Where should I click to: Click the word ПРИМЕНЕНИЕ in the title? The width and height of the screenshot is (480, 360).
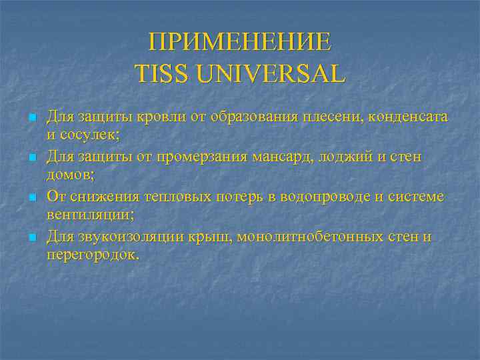click(240, 43)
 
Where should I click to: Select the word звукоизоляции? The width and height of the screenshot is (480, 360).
click(128, 237)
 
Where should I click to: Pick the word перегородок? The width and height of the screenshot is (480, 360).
click(91, 254)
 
